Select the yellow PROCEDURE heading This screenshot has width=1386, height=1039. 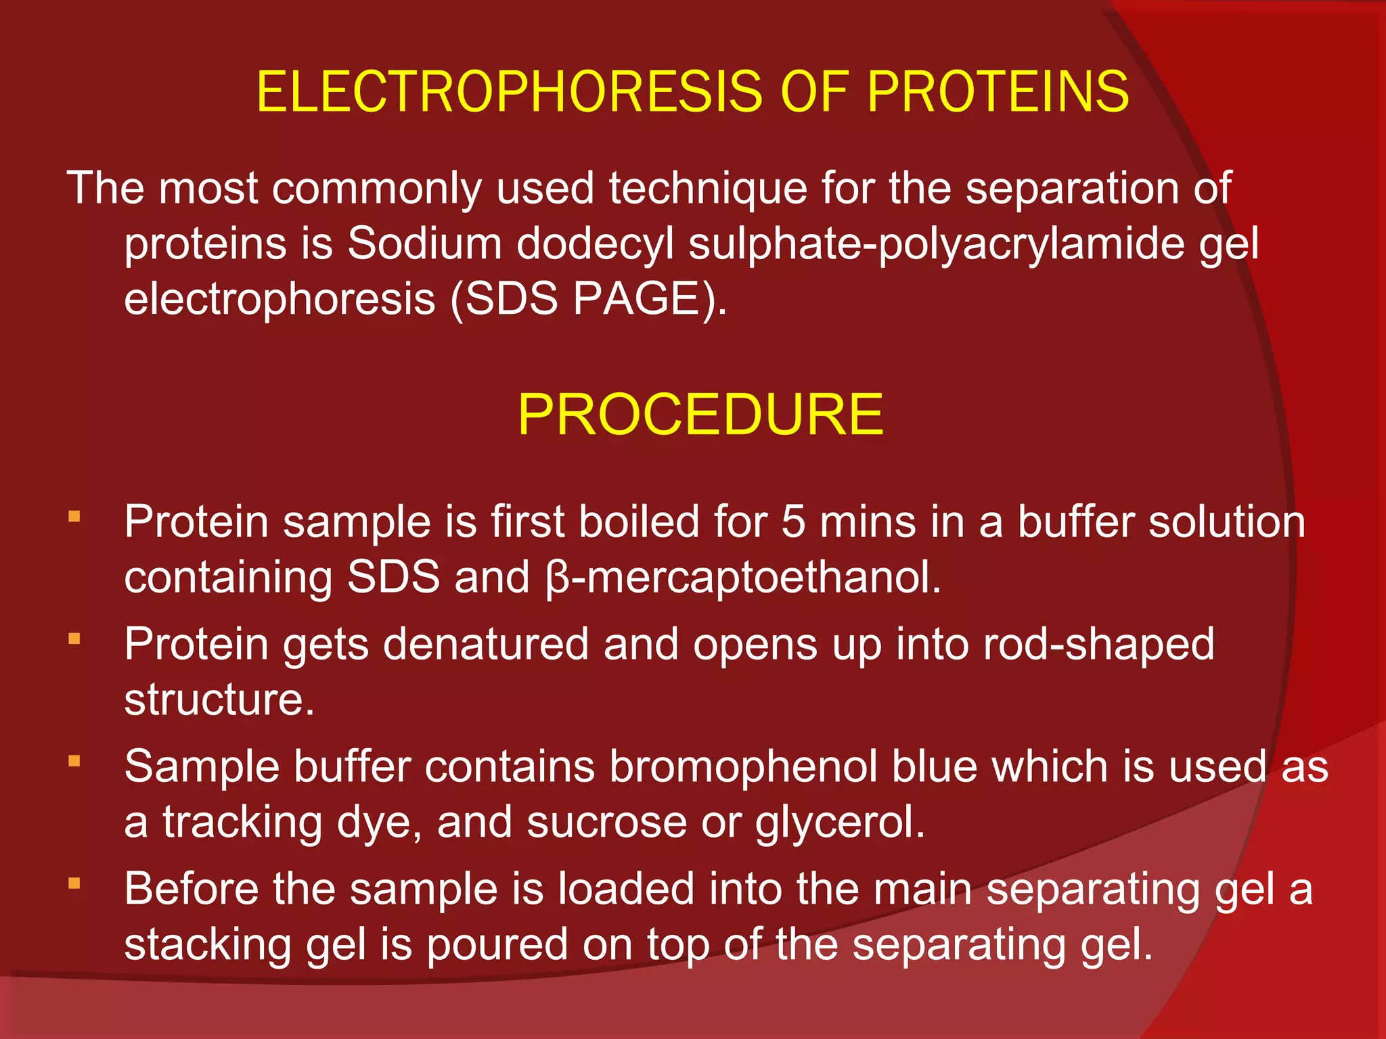coord(700,414)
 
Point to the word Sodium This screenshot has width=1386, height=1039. coord(424,243)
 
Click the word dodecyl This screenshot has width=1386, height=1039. coord(596,243)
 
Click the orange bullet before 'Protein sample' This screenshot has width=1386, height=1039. coord(74,517)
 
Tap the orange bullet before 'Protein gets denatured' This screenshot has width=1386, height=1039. coord(74,639)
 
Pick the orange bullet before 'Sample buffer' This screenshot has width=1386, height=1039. coord(74,762)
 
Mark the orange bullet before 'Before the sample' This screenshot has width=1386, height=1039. coord(74,883)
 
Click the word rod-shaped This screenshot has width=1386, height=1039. coord(1099,643)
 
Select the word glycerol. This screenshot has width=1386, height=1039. coord(840,823)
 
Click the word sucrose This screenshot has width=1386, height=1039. coord(606,823)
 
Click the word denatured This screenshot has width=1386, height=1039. coord(486,643)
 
